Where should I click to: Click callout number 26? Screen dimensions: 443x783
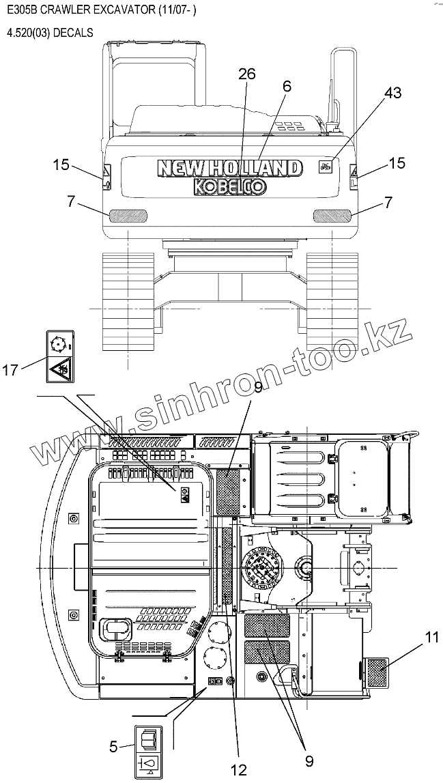247,74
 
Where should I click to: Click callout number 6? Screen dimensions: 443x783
287,87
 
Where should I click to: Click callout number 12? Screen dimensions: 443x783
239,770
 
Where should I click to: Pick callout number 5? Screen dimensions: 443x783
113,746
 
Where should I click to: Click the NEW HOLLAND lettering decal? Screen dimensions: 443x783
229,168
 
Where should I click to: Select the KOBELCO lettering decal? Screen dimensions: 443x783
229,186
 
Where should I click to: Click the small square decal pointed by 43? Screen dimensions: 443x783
324,165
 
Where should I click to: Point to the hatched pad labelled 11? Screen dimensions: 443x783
377,672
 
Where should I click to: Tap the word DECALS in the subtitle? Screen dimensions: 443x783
71,33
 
